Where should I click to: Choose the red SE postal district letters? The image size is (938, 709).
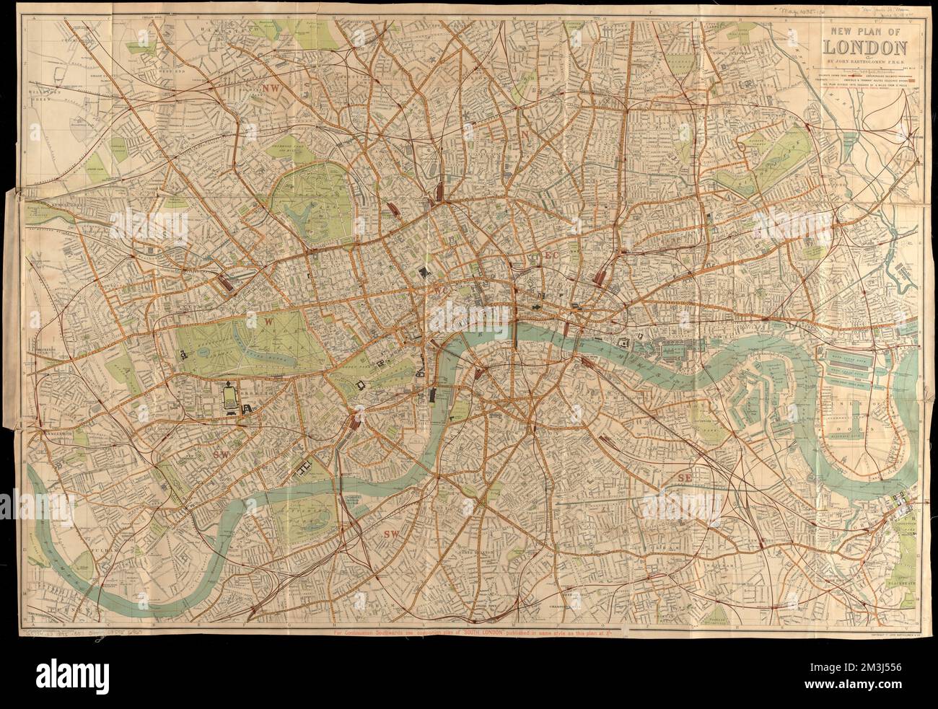click(x=683, y=477)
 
